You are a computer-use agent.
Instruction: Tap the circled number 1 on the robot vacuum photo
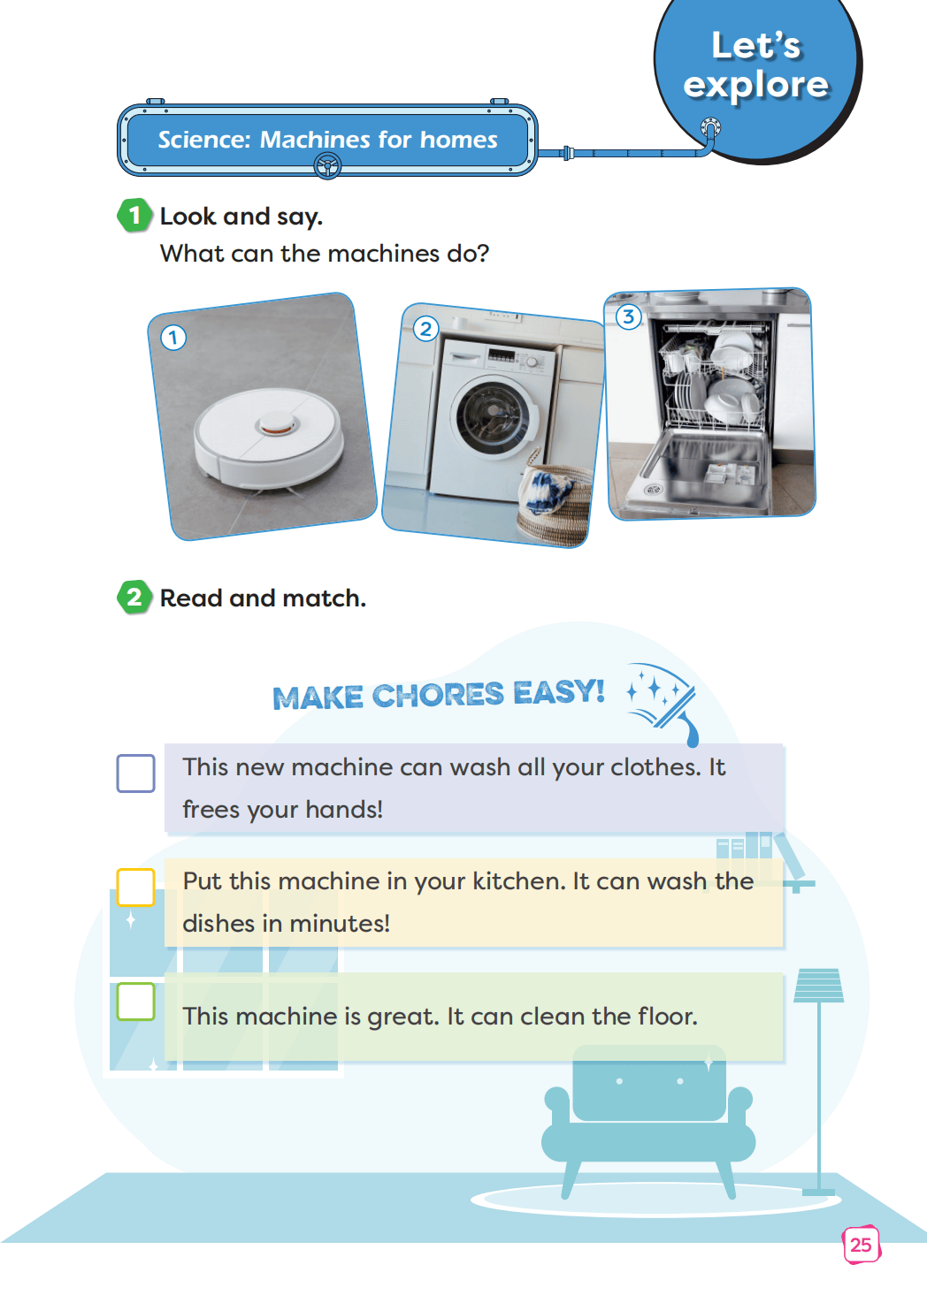(172, 338)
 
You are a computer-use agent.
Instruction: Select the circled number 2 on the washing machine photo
(426, 329)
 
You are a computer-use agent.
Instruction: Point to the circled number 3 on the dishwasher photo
(629, 317)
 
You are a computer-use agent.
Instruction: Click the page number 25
(862, 1245)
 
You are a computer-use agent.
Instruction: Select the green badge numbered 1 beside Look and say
(134, 215)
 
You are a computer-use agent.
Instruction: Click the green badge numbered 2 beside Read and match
(134, 598)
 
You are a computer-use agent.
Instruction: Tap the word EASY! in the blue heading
(559, 693)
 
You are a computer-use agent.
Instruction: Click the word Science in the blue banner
(204, 140)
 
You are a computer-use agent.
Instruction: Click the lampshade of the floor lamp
(819, 986)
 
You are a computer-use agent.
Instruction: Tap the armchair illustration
(648, 1121)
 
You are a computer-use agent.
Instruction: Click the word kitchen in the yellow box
(519, 880)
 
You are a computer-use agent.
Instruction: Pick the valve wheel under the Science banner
(327, 166)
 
